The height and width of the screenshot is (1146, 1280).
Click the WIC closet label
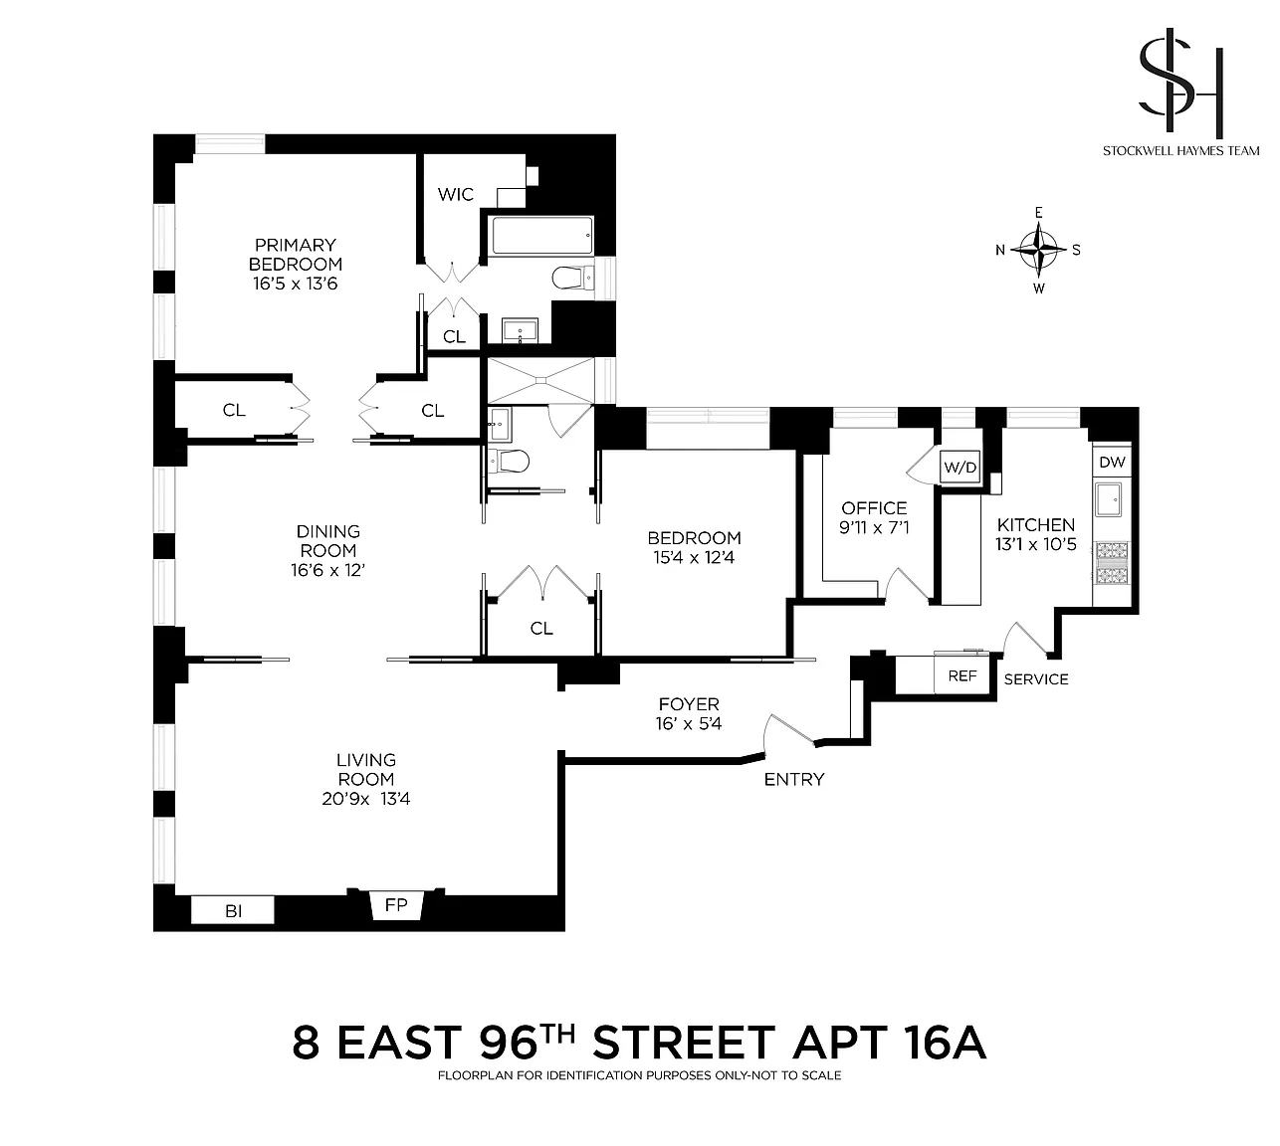coord(455,194)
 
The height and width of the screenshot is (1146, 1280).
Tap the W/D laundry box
coord(960,468)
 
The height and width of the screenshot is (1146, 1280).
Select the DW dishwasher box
coord(1112,462)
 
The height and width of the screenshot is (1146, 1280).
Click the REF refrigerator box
coord(961,675)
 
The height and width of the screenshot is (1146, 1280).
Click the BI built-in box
coord(233,910)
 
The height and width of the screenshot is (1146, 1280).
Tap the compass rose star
coord(1038,250)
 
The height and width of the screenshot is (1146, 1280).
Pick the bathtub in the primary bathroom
coord(542,236)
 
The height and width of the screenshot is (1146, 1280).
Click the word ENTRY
coord(793,780)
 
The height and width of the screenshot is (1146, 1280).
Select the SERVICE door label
coord(1035,679)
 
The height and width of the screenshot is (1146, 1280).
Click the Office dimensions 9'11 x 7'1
coord(874,527)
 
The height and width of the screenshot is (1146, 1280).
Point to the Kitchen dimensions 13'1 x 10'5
coord(1035,544)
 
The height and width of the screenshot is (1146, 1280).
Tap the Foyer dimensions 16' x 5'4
coord(688,723)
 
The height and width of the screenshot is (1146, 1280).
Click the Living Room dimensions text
coord(366,799)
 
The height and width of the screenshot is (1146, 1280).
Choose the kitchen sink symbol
coord(1108,501)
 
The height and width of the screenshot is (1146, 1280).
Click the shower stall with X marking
coord(540,381)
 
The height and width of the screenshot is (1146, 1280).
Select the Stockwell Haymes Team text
coord(1180,151)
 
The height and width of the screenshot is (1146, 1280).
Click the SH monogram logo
coord(1180,80)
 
